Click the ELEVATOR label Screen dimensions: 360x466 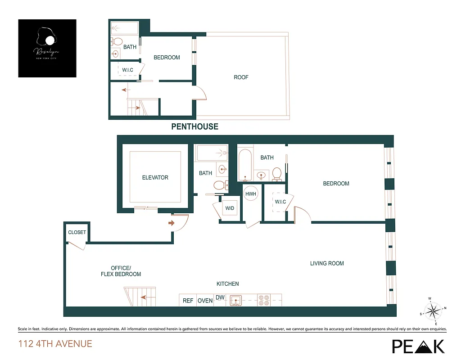pos(155,178)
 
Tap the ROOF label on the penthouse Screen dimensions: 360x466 pos(241,77)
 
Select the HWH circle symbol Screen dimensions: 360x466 pos(250,194)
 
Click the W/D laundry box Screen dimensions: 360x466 pos(230,208)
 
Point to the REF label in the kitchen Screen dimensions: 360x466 pos(187,301)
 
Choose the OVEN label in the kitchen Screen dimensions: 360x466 pos(205,301)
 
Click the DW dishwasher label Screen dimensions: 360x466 pos(220,297)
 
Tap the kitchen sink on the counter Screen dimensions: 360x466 pos(235,300)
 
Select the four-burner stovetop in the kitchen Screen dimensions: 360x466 pos(263,300)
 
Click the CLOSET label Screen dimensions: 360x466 pos(77,233)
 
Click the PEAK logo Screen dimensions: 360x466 pos(418,346)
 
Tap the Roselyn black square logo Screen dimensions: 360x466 pos(47,48)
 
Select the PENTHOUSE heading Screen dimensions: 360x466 pos(195,127)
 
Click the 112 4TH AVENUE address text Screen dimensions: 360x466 pos(55,344)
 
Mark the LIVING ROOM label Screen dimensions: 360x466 pos(327,263)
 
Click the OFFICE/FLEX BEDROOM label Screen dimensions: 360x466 pos(121,271)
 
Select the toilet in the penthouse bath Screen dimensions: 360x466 pos(118,42)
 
